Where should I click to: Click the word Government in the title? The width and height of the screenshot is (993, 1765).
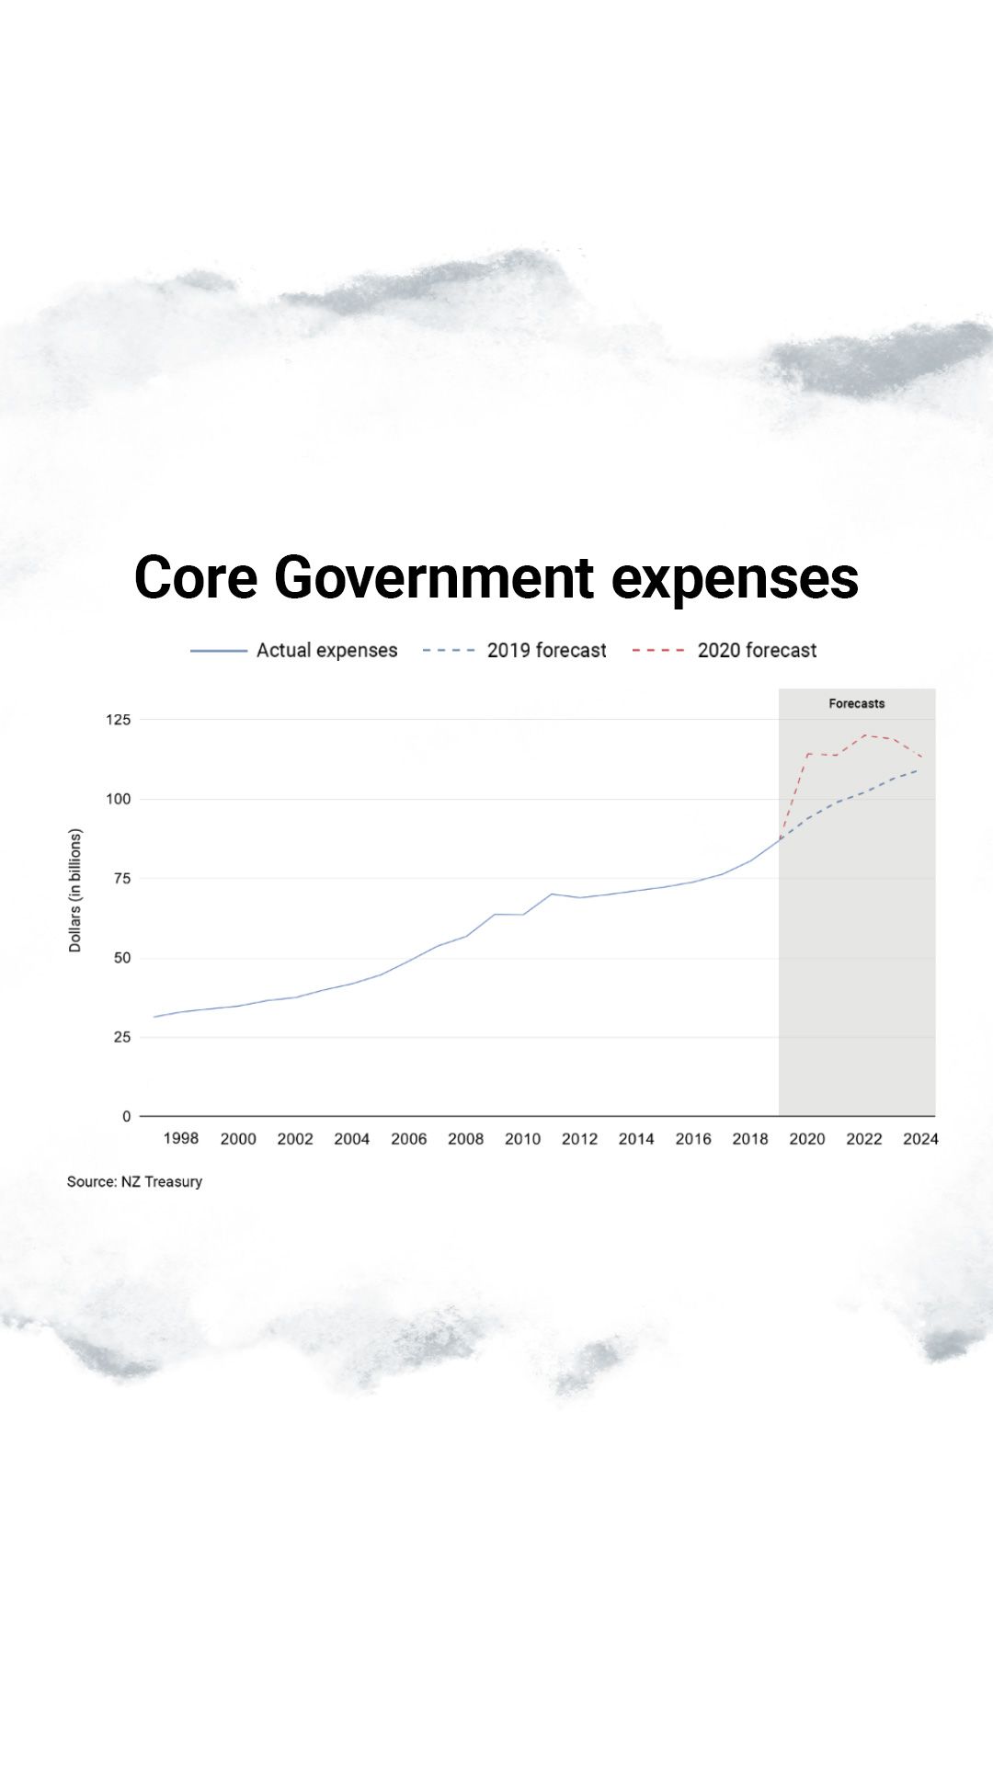[433, 577]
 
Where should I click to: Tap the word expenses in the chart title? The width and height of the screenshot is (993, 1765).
[734, 577]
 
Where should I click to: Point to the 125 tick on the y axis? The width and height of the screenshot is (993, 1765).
[118, 720]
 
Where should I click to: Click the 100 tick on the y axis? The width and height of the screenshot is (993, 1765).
[118, 799]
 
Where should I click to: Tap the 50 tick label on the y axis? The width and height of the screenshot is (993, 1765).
[121, 958]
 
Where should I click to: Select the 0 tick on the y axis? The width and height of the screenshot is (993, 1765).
[127, 1117]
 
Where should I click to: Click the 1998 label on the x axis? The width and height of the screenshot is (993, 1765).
[180, 1139]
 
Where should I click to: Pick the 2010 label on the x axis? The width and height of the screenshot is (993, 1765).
[522, 1139]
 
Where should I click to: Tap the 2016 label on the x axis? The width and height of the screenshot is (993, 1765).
[693, 1139]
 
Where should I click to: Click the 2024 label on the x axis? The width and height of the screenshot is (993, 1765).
[920, 1139]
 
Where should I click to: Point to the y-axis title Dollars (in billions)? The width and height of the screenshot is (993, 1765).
[75, 890]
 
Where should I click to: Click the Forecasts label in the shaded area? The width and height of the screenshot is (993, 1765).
[856, 704]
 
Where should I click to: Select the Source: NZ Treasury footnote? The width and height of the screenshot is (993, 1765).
[134, 1182]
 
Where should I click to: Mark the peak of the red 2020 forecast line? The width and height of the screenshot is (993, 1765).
[864, 735]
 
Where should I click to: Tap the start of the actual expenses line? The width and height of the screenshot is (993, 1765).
[154, 1017]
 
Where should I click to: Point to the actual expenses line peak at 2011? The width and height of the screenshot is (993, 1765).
[552, 894]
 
